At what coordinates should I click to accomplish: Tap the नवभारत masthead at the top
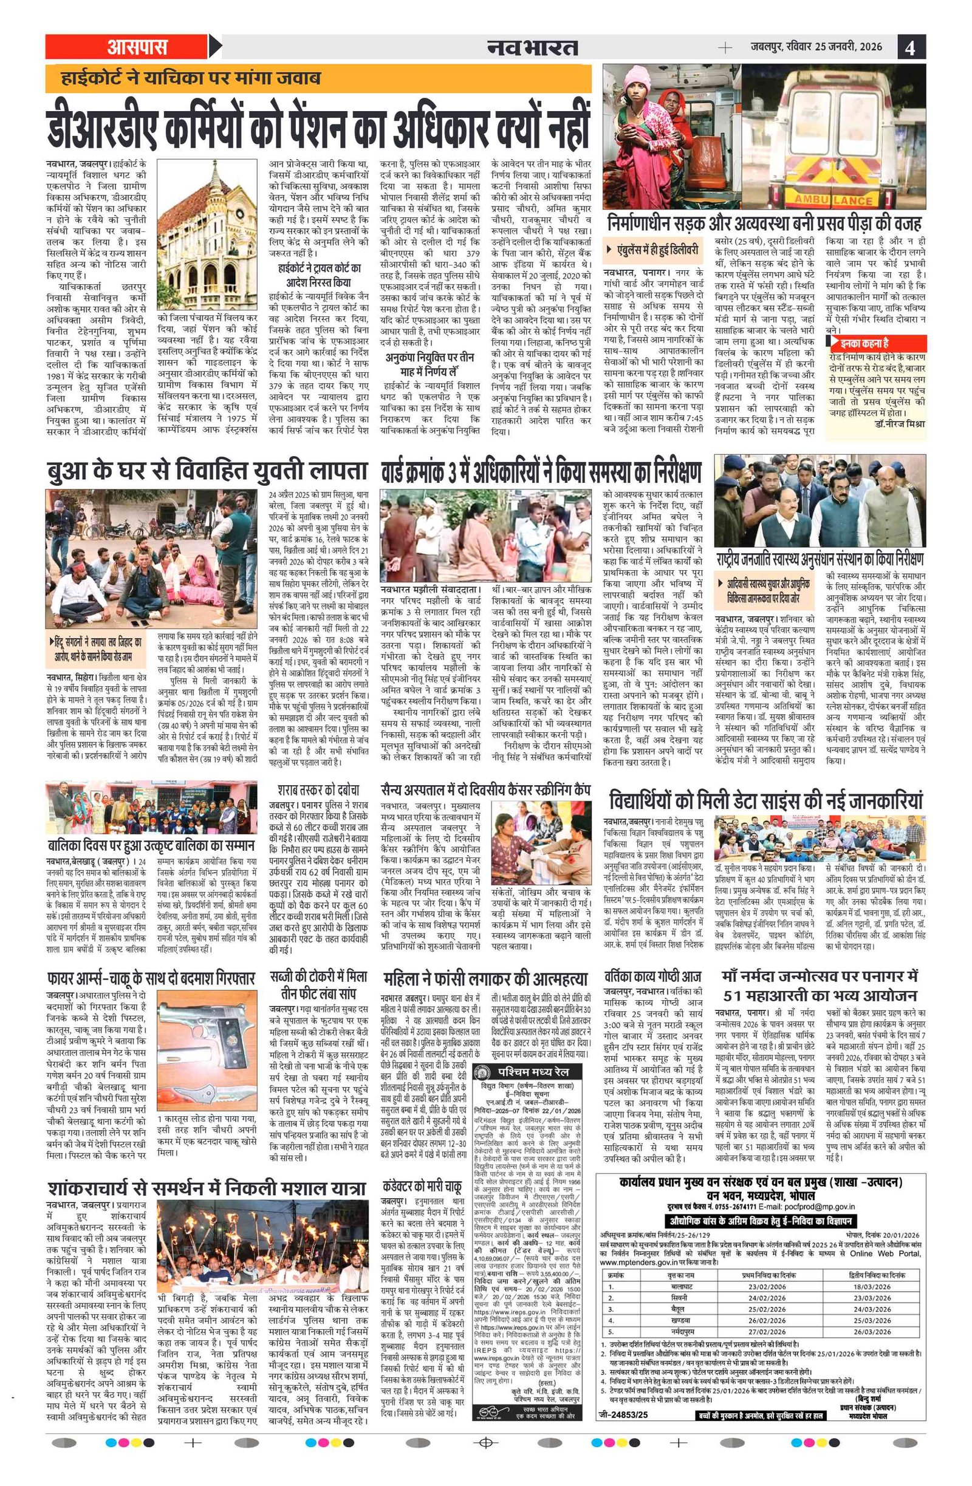pos(532,47)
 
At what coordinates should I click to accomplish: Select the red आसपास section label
pos(137,47)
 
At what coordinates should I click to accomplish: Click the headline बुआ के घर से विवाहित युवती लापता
pos(207,471)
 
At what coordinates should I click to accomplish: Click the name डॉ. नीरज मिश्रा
pos(900,424)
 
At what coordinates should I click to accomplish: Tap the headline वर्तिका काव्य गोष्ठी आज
pos(653,976)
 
